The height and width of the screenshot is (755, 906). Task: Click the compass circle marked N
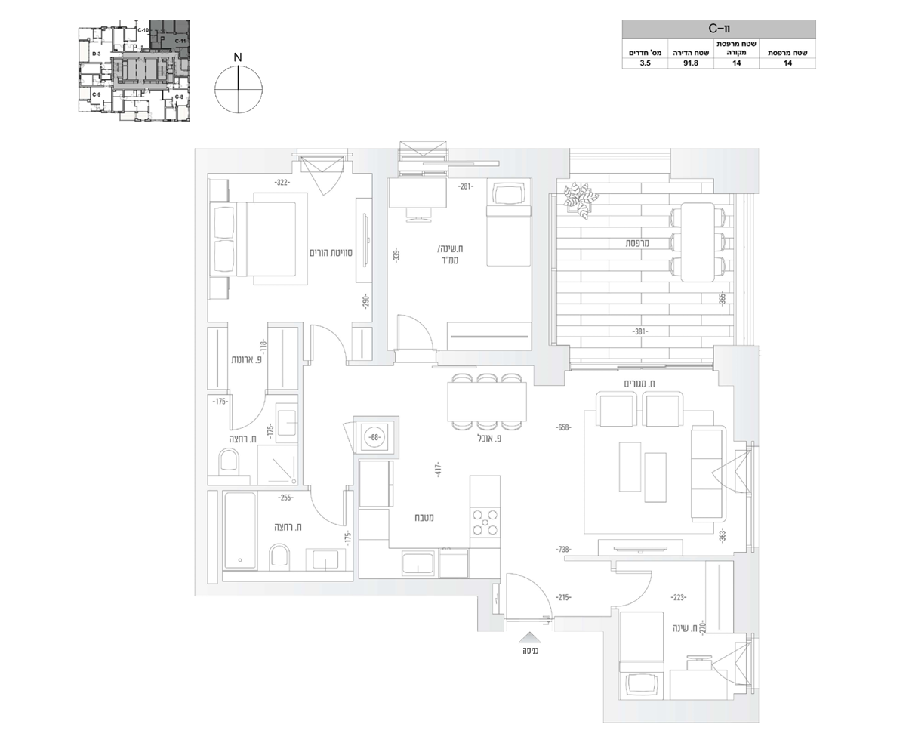pos(238,88)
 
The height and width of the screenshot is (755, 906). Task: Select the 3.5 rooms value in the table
pos(645,64)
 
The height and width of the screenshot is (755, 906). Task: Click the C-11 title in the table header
pos(719,29)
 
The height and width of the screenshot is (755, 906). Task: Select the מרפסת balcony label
pos(639,243)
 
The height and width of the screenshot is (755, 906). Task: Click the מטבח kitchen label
pos(423,518)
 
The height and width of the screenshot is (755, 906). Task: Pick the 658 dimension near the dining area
pos(562,427)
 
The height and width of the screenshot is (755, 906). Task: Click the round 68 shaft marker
pos(375,436)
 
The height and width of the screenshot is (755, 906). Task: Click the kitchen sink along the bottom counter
pos(418,563)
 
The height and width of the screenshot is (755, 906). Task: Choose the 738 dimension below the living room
pos(562,550)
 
